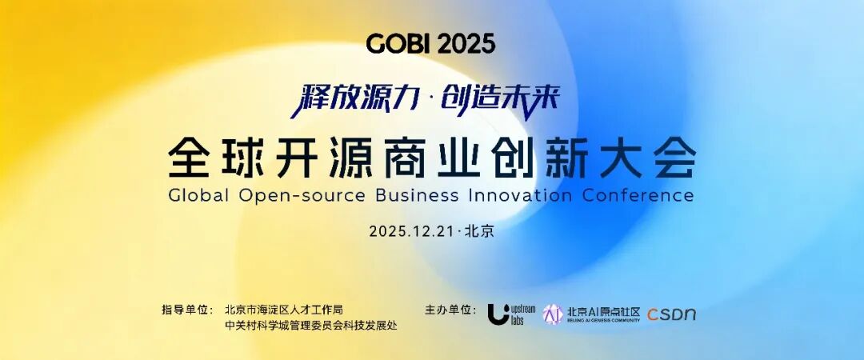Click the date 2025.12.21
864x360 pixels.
412,231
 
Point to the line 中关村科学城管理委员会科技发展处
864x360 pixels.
311,326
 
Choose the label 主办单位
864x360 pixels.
449,310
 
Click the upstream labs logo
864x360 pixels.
511,314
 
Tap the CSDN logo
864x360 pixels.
671,314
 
